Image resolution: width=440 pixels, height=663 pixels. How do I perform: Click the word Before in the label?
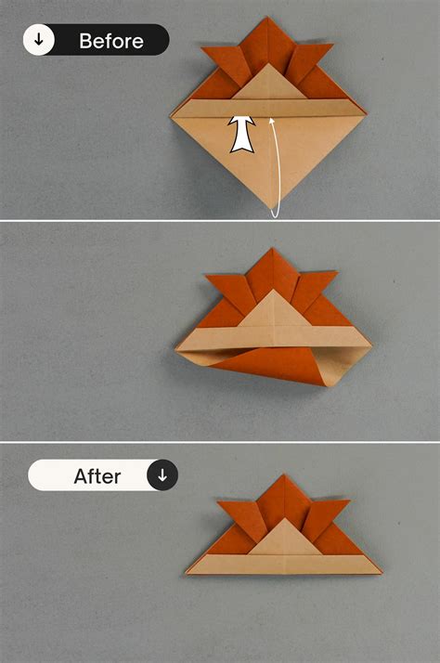tap(110, 41)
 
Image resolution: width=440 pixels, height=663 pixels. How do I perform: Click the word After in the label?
tap(97, 476)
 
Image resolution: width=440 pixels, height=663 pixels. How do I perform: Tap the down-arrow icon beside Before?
tap(38, 40)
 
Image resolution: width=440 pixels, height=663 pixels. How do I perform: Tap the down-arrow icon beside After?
tap(162, 475)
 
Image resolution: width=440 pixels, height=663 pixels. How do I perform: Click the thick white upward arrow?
tap(242, 135)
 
